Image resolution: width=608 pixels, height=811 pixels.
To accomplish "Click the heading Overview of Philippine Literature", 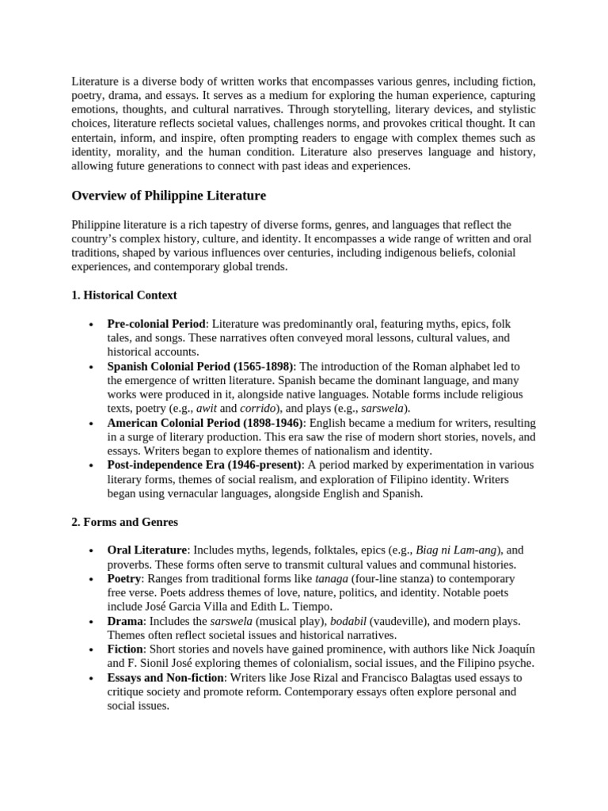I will point(169,196).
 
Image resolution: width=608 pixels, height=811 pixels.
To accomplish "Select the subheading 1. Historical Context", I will point(124,295).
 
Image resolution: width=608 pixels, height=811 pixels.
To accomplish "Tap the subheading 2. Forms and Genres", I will point(124,522).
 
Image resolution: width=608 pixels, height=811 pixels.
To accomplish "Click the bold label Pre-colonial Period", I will point(157,324).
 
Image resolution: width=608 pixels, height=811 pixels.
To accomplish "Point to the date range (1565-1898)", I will point(260,367).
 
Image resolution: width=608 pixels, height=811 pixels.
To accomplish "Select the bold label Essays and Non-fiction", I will point(166,678).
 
